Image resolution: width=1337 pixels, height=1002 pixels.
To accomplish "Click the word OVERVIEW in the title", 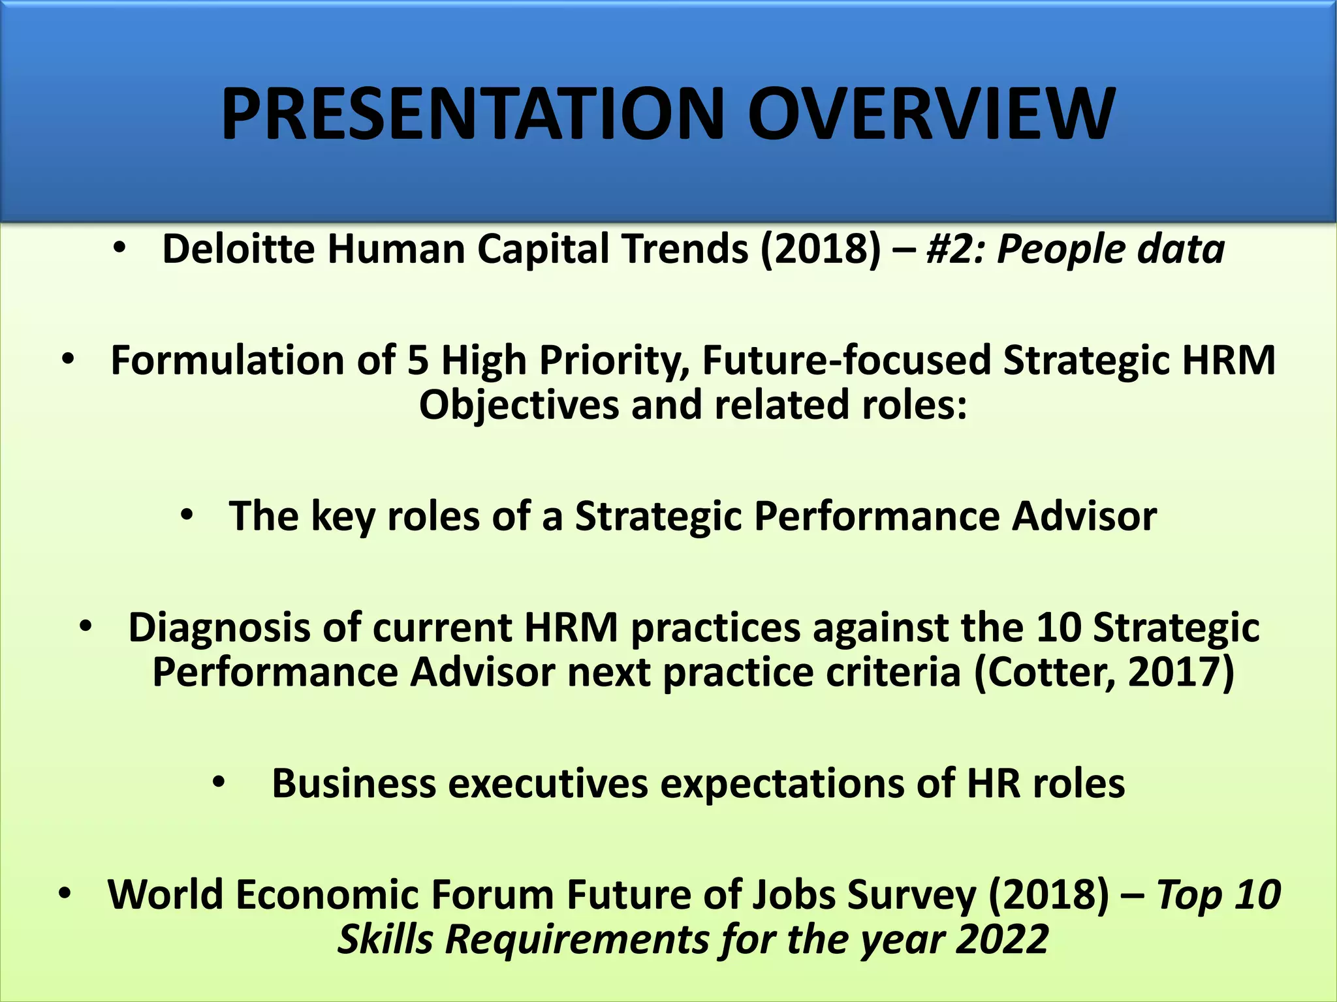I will pos(930,115).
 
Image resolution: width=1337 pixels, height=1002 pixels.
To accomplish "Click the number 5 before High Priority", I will pos(418,360).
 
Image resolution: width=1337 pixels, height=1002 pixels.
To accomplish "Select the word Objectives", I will pos(519,404).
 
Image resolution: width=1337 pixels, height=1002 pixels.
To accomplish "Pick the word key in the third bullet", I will pos(343,516).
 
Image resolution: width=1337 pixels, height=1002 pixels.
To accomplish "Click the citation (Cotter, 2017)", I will pos(1104,673).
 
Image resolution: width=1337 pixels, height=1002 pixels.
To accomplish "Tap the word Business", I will pos(353,783).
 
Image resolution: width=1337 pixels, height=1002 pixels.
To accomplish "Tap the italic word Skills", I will pos(385,939).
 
